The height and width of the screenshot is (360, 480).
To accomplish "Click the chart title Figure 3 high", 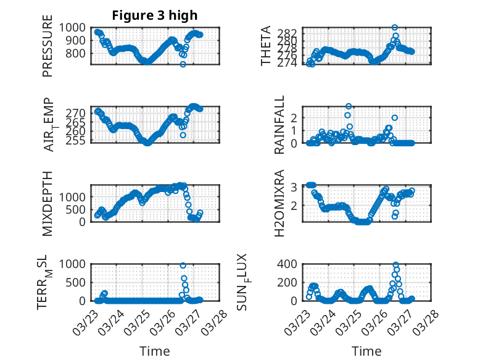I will pyautogui.click(x=154, y=15).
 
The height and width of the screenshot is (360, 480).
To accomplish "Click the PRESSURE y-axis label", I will pyautogui.click(x=48, y=49).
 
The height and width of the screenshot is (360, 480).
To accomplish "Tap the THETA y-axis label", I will pyautogui.click(x=266, y=46).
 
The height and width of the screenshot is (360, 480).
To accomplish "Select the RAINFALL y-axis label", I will pyautogui.click(x=279, y=124).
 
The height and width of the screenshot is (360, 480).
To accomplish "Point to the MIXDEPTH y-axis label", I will pyautogui.click(x=48, y=203).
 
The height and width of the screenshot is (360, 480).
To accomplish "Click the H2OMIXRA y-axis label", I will pyautogui.click(x=279, y=203).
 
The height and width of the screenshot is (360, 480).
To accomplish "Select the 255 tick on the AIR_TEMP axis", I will pyautogui.click(x=78, y=141).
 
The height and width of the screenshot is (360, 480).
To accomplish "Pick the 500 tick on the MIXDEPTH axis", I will pyautogui.click(x=78, y=209).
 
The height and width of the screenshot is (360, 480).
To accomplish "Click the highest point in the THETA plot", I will pyautogui.click(x=395, y=27).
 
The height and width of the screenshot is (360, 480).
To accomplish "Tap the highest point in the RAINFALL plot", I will pyautogui.click(x=349, y=106).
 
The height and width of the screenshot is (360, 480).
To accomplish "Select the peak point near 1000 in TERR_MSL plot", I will pyautogui.click(x=183, y=265).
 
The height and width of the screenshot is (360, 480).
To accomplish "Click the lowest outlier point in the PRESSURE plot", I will pyautogui.click(x=183, y=64).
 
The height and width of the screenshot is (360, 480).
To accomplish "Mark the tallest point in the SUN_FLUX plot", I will pyautogui.click(x=395, y=265).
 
